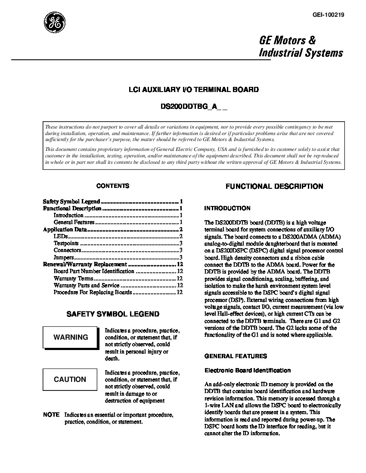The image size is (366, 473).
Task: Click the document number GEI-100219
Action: point(328,15)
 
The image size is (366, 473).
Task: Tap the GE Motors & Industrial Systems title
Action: point(301,46)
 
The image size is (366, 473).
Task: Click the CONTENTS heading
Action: point(113,186)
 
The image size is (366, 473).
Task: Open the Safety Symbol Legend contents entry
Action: point(71,201)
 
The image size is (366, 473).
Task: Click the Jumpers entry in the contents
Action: point(64,257)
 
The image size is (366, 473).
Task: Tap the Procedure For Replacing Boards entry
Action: point(93,292)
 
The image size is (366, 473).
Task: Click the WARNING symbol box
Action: point(71,337)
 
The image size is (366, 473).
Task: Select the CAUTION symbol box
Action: point(70,379)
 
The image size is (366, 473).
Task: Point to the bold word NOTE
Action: point(51,415)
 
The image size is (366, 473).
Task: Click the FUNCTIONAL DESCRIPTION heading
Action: point(274,186)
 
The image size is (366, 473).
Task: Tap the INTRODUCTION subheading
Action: point(227,208)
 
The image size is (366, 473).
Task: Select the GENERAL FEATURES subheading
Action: point(236,356)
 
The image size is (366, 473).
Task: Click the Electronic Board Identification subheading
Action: point(247,370)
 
